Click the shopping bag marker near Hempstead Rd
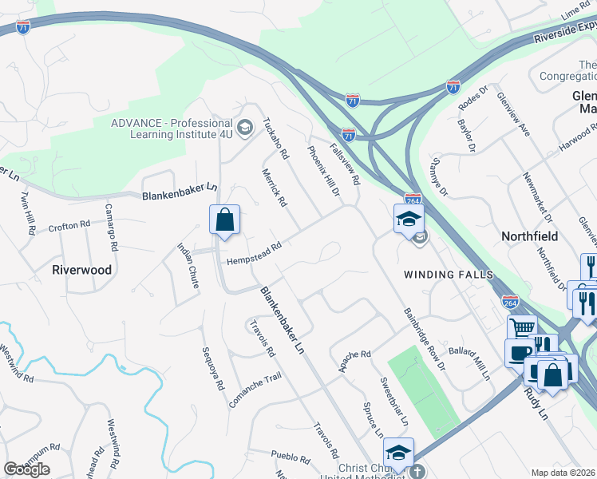225,220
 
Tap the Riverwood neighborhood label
82,270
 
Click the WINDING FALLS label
445,275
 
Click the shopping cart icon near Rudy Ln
522,327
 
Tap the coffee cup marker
520,353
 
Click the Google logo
26,469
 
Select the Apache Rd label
355,360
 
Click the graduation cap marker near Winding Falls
409,219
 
